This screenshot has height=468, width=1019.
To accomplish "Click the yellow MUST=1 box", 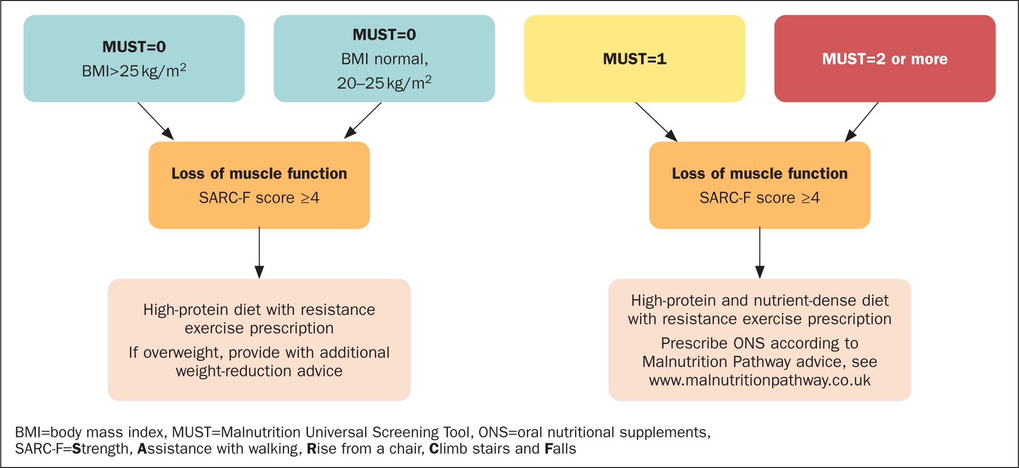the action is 635,59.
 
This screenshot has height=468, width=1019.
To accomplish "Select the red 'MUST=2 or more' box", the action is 885,59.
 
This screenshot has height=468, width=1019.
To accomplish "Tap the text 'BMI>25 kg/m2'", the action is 134,71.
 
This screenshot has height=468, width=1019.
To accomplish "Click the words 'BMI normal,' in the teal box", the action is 385,59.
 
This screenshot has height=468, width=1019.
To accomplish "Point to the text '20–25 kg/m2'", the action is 384,83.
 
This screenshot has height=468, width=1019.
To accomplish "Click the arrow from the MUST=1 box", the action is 656,122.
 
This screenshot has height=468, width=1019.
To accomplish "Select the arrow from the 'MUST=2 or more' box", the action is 861,122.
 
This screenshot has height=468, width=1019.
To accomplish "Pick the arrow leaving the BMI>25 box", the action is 156,121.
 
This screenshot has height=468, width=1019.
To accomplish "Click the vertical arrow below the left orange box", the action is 259,252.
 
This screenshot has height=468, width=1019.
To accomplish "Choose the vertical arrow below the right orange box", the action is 760,252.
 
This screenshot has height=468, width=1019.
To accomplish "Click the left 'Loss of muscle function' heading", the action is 259,173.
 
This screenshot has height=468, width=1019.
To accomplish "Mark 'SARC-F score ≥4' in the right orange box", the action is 760,198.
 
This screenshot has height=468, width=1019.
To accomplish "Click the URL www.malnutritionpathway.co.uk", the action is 760,380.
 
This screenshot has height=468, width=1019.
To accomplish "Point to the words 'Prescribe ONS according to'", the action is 760,343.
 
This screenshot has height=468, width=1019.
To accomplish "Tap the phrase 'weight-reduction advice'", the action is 259,371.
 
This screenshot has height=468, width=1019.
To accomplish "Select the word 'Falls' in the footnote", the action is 560,449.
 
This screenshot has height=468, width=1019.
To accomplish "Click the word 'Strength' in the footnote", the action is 100,449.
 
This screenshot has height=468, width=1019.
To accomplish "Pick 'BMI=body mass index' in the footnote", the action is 89,432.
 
